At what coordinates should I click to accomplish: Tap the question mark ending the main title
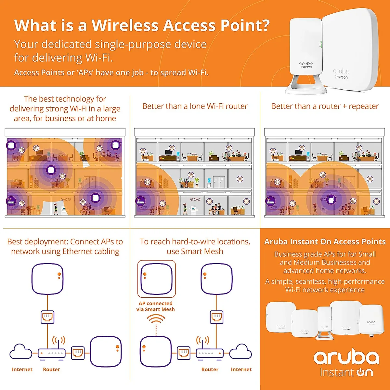point(264,25)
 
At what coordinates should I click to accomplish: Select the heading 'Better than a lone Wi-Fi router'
point(195,106)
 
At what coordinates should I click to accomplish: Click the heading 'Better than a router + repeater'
point(325,106)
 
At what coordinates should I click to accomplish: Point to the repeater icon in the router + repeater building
point(331,200)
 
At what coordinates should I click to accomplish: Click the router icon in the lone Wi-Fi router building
point(140,201)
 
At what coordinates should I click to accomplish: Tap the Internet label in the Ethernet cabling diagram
point(22,369)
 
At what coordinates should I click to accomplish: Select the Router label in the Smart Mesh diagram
point(210,369)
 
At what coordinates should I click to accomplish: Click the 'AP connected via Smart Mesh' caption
point(155,306)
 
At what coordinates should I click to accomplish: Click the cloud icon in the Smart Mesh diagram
point(241,352)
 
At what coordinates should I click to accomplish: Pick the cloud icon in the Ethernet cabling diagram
point(21,352)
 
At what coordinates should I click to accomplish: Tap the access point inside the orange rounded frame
point(156,279)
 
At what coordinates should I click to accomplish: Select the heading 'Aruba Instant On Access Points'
point(325,242)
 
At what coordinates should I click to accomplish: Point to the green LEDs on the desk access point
point(320,44)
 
